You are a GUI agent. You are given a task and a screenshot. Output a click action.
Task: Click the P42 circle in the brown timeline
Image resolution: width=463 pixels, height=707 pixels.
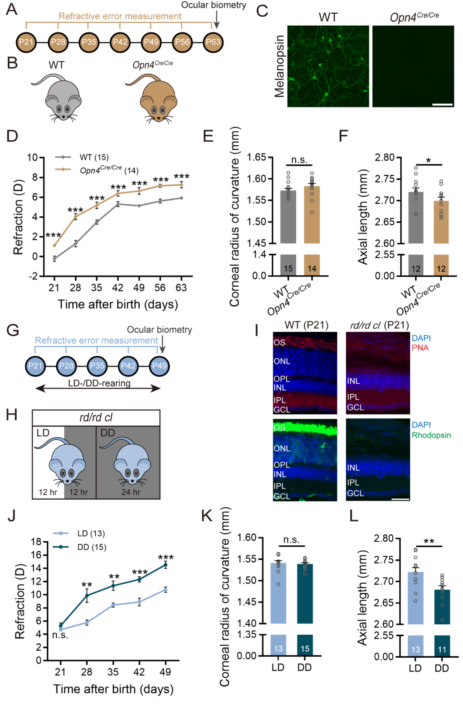[120, 42]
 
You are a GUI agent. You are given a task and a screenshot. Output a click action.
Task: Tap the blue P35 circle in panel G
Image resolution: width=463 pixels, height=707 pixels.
[97, 366]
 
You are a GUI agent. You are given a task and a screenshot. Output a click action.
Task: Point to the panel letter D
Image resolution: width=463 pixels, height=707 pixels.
[12, 136]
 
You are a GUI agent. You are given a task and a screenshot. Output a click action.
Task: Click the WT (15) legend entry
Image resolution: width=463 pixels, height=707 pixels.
[94, 157]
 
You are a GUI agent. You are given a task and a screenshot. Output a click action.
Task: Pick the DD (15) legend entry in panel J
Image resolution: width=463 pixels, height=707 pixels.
[91, 547]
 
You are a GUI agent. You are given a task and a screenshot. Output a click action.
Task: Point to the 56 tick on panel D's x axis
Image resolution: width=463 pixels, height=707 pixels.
[160, 287]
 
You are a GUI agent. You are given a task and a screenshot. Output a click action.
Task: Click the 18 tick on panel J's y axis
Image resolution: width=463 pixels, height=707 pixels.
[36, 542]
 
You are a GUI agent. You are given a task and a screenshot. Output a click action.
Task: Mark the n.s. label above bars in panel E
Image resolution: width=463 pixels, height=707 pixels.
[299, 160]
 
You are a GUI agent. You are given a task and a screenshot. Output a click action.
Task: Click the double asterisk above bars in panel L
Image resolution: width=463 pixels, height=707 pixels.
[429, 542]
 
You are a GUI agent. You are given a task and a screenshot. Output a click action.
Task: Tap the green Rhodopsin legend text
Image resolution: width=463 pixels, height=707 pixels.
[431, 435]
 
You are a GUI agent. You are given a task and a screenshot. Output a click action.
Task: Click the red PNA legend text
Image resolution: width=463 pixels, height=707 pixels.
[420, 348]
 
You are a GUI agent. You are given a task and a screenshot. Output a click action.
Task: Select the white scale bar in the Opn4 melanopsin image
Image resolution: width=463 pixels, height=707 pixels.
[443, 104]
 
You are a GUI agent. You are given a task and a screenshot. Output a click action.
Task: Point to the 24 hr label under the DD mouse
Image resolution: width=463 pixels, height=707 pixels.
[131, 492]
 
